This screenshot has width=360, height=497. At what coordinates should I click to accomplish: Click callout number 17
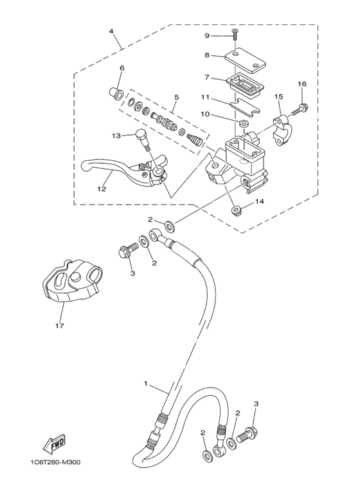[x=60, y=325]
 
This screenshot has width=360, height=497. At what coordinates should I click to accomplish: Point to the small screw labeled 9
[x=234, y=33]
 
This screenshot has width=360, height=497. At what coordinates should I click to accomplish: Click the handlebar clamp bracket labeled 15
[x=282, y=131]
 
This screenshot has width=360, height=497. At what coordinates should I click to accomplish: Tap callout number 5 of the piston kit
[x=176, y=97]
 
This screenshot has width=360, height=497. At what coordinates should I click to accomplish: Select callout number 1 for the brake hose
[x=146, y=384]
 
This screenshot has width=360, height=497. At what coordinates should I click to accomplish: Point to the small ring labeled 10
[x=244, y=123]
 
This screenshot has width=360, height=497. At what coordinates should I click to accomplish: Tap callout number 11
[x=205, y=97]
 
